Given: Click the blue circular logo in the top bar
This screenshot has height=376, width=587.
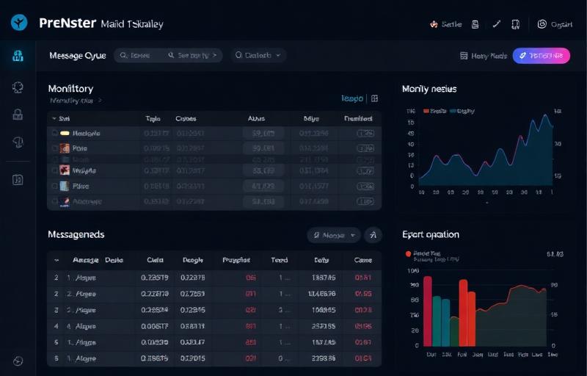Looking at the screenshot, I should tap(19, 23).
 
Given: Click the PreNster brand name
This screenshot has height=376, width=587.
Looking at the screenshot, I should tap(68, 23).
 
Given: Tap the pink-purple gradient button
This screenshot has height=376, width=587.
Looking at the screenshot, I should tap(541, 55).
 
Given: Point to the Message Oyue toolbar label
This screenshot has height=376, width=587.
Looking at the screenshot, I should tap(77, 55).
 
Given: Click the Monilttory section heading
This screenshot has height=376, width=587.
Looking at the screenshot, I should tap(70, 88).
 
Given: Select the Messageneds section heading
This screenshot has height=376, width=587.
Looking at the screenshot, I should tap(76, 234).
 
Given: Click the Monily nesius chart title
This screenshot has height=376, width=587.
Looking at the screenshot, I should tap(429, 89).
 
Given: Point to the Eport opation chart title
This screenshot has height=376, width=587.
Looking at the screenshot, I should tap(431, 234).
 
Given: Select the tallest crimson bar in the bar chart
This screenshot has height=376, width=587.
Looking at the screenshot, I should tap(427, 311).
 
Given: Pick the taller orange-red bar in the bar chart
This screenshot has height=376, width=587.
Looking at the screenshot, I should tap(464, 312).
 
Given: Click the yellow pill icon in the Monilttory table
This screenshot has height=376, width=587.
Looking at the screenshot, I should tap(65, 134).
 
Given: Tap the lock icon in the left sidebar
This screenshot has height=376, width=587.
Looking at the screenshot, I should tap(18, 115).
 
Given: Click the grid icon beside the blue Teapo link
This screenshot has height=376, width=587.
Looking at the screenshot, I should tap(374, 98).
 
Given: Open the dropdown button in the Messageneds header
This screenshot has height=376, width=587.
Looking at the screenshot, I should tap(334, 235).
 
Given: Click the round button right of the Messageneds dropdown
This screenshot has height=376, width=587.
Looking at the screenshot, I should tap(373, 235).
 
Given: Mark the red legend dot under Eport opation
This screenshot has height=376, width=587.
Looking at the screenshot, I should tap(408, 253).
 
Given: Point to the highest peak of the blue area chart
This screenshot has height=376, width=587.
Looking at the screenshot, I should tap(545, 115).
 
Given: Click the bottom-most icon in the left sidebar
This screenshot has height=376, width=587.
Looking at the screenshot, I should tap(18, 361).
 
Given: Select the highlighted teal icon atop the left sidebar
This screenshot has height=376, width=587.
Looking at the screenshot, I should tap(18, 56).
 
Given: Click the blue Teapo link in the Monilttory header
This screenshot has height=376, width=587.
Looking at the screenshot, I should tap(352, 98).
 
